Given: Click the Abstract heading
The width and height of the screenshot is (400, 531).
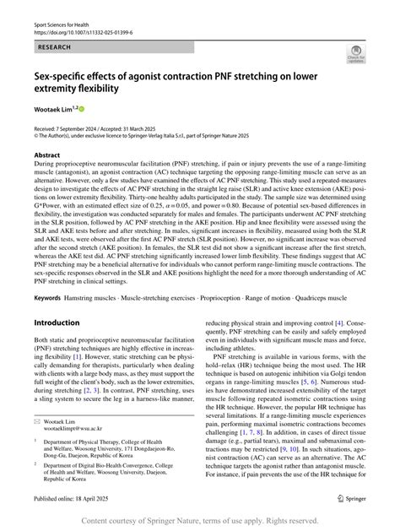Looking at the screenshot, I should tap(46, 155).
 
